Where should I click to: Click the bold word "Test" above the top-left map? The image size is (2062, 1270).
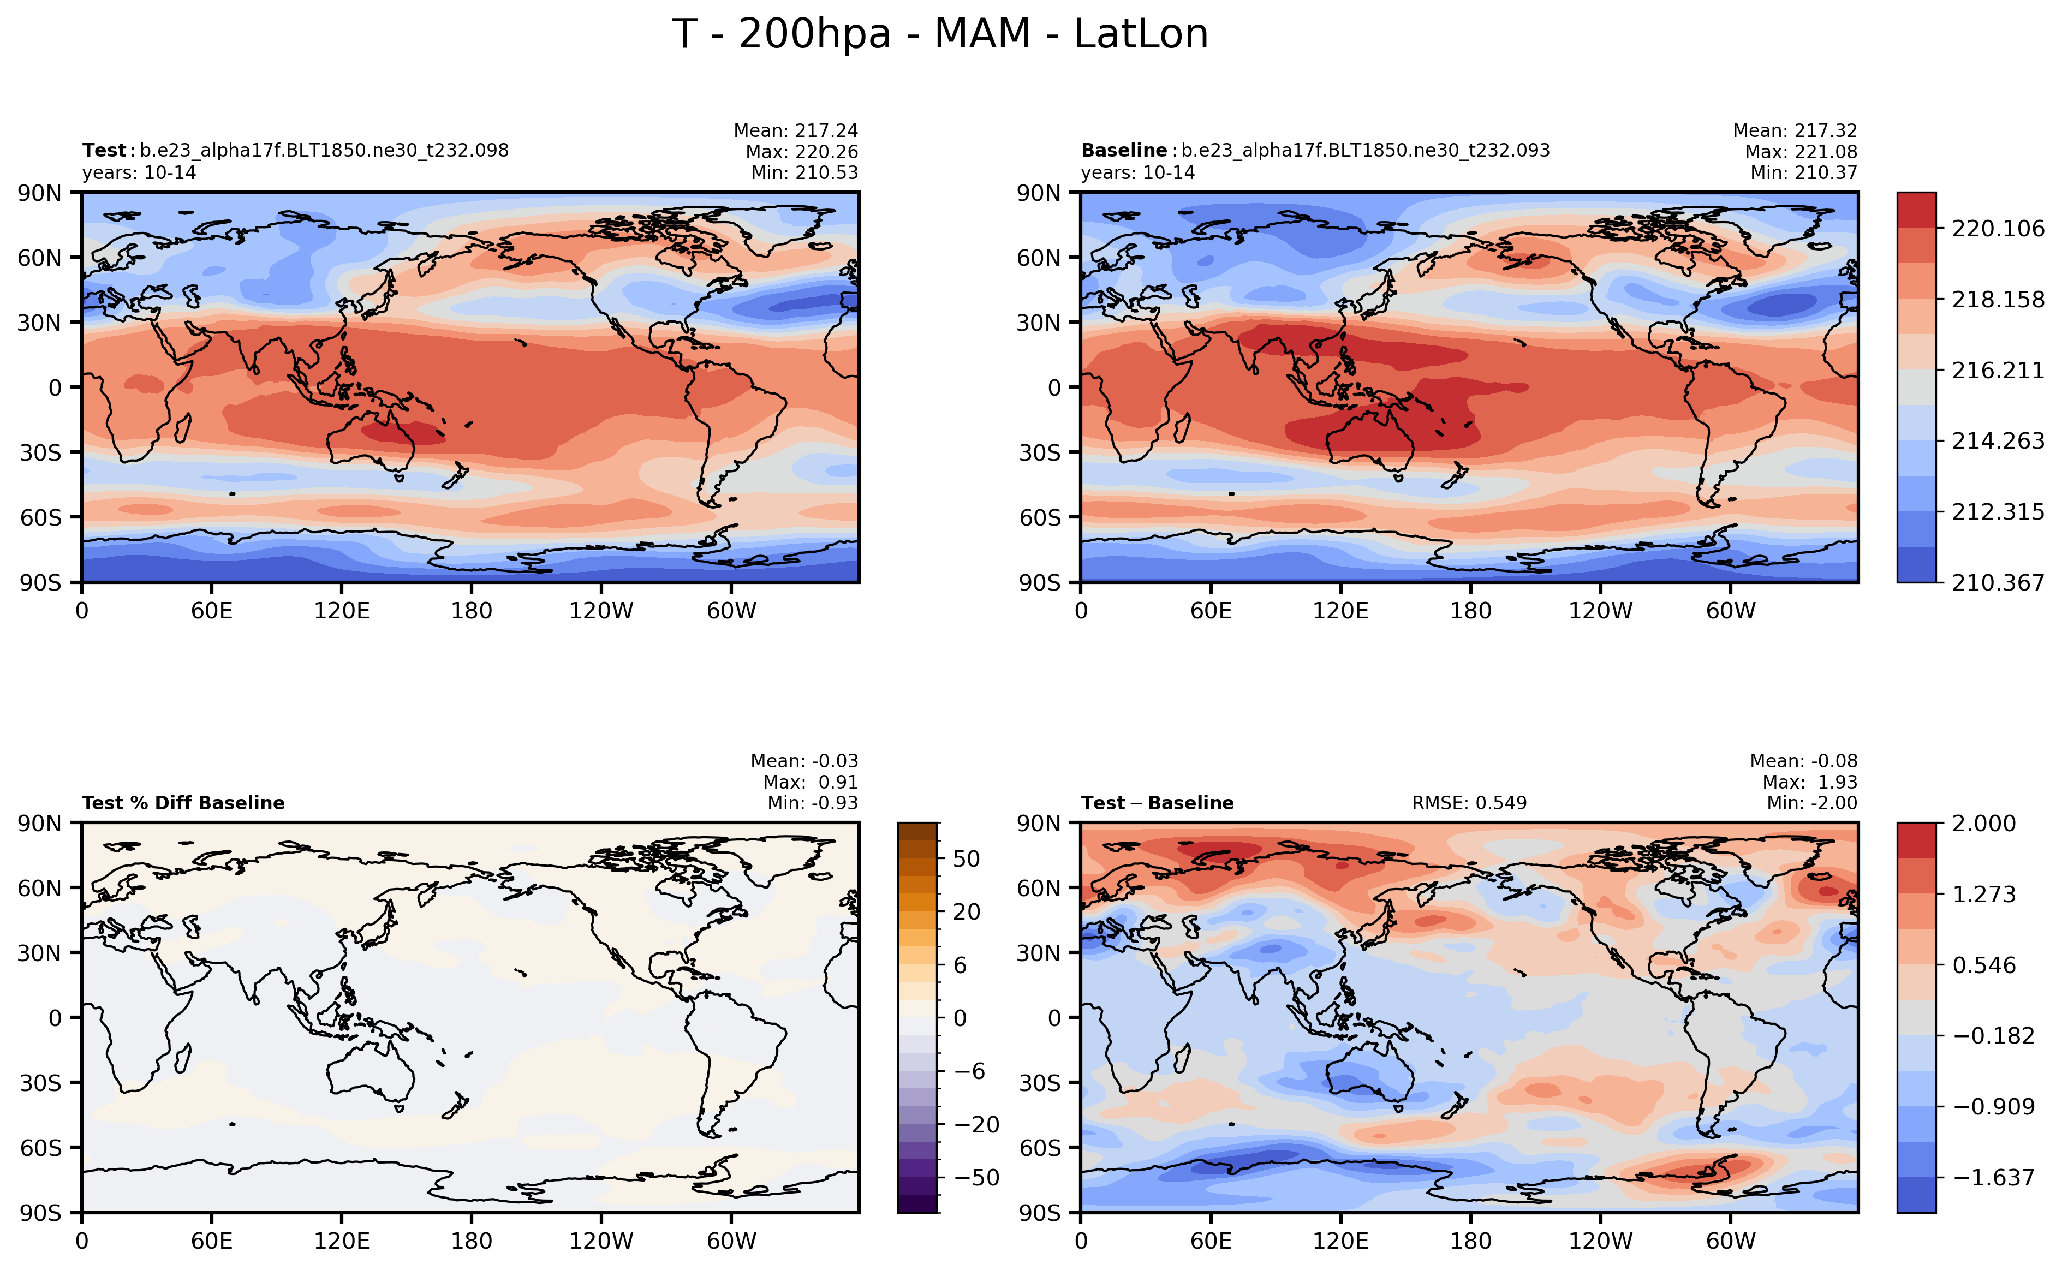(103, 150)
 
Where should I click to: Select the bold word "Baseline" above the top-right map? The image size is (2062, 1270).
(1123, 150)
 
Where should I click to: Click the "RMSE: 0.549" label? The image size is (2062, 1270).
(1469, 803)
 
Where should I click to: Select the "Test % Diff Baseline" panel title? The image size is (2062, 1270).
(183, 803)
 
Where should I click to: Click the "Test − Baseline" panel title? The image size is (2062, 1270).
(1158, 803)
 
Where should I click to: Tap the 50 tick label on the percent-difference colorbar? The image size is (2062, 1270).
(967, 858)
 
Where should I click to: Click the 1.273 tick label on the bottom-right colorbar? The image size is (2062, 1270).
(1983, 894)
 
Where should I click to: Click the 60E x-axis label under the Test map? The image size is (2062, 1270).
(212, 611)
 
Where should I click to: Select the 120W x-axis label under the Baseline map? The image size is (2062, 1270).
(1600, 611)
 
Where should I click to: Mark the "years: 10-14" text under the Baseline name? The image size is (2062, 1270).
(1137, 173)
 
